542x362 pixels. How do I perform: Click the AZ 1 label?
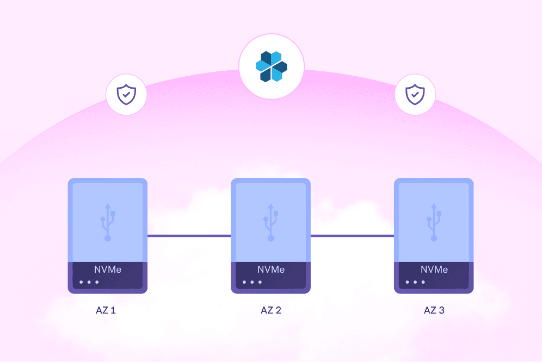(106, 310)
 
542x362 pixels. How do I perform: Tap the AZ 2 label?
(270, 310)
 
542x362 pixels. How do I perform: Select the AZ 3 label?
(434, 310)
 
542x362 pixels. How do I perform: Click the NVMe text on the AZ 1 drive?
(108, 269)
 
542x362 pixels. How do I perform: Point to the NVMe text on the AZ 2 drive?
(271, 269)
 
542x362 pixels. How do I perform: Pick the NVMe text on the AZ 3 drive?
(434, 269)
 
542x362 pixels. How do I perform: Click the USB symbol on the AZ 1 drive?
(108, 222)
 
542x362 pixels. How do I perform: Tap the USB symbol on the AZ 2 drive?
(271, 222)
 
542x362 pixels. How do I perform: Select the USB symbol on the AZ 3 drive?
(434, 222)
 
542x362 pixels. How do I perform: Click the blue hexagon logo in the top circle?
(272, 66)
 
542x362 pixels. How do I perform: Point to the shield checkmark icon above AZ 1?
(126, 94)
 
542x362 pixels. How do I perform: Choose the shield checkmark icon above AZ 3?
(415, 94)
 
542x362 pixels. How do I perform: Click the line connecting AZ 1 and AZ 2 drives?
(189, 236)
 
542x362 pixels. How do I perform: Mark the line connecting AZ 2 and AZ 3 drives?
(352, 236)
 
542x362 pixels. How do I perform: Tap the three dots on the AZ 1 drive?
(89, 282)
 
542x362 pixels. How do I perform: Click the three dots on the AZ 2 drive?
(252, 282)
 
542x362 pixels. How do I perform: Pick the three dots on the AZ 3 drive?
(416, 282)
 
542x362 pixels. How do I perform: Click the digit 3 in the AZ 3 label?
(441, 310)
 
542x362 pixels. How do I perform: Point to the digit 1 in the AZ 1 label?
(113, 310)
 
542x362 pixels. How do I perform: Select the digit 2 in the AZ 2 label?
(278, 310)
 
